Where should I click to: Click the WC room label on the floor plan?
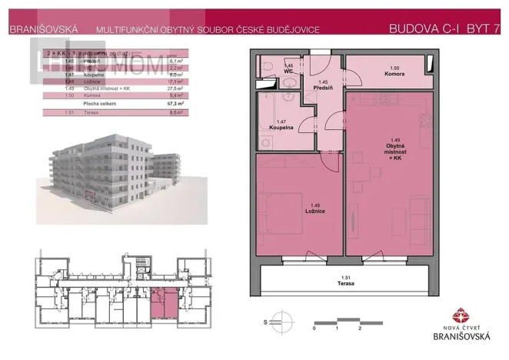[x=289, y=69]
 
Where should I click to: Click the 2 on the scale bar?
[x=360, y=327]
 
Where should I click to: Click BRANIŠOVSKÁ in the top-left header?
[x=42, y=29]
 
